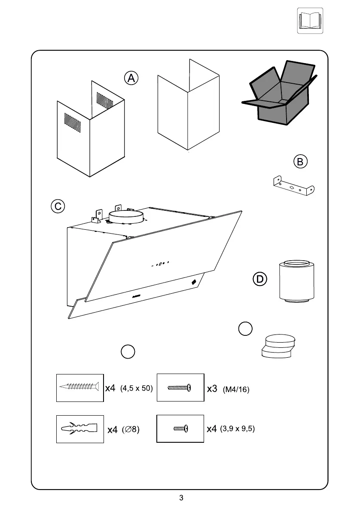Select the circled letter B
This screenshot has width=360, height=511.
coord(300,162)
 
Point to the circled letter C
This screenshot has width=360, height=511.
coord(58,206)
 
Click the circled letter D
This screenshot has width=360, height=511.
coord(259,279)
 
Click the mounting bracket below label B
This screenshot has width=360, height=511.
coord(293,186)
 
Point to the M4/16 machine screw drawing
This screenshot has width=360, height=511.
coord(180,387)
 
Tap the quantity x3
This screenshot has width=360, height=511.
coord(212,389)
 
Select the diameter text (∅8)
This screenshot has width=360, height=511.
coord(130,429)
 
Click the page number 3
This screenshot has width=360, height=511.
coord(181,498)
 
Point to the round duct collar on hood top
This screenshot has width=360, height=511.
coord(126,216)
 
